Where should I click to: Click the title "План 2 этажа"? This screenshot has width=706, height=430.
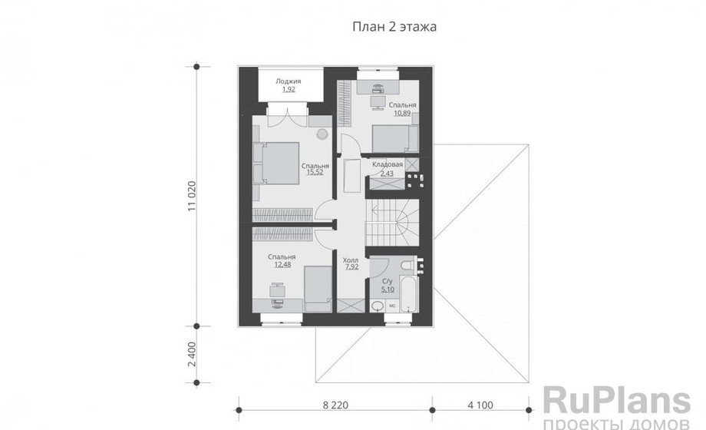pyautogui.click(x=394, y=27)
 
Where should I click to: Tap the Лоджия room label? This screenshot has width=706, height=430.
pyautogui.click(x=289, y=81)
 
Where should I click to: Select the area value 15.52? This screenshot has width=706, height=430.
pyautogui.click(x=315, y=172)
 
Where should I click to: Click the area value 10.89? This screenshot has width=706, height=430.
pyautogui.click(x=403, y=113)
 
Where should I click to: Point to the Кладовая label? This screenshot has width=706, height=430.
pyautogui.click(x=388, y=165)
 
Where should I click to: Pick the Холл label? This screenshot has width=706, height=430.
pyautogui.click(x=350, y=260)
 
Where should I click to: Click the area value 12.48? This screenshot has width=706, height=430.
pyautogui.click(x=282, y=265)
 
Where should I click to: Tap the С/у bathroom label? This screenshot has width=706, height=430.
pyautogui.click(x=388, y=282)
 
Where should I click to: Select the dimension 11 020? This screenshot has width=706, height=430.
pyautogui.click(x=193, y=196)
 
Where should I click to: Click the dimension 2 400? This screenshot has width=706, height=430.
pyautogui.click(x=193, y=354)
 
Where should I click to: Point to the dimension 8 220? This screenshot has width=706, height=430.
pyautogui.click(x=335, y=405)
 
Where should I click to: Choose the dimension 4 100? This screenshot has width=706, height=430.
pyautogui.click(x=480, y=405)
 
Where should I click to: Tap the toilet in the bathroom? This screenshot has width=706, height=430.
pyautogui.click(x=408, y=264)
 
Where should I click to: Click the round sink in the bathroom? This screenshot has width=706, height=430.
pyautogui.click(x=378, y=306)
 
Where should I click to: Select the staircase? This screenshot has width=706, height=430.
pyautogui.click(x=392, y=223)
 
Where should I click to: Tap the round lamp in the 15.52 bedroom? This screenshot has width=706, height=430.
pyautogui.click(x=322, y=134)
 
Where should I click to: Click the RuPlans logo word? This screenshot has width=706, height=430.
pyautogui.click(x=616, y=401)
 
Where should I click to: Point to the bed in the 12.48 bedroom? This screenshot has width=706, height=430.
pyautogui.click(x=318, y=289)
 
